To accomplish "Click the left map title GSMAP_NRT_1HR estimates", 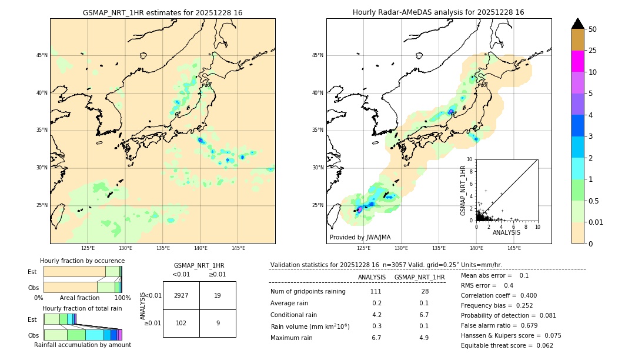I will point(162,12).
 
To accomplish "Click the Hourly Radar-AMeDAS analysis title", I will point(438,12).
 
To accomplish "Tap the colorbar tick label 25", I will point(593,51).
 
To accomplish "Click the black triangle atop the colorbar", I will point(578,24).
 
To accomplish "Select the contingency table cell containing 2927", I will point(181,295).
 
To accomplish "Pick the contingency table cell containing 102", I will point(181,323).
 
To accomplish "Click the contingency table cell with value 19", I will point(218,295).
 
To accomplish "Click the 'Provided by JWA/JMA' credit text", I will point(360,237).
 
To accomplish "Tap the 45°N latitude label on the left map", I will point(42,55).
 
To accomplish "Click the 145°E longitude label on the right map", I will point(514,248).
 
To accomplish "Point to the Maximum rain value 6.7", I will point(376,338).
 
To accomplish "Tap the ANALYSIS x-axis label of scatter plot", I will point(506,232).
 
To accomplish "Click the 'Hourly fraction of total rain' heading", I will point(82,308).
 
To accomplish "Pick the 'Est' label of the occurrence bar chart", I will point(32,272).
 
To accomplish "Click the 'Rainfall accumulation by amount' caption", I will point(82,345).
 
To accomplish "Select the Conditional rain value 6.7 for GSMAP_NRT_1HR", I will point(423,315).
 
